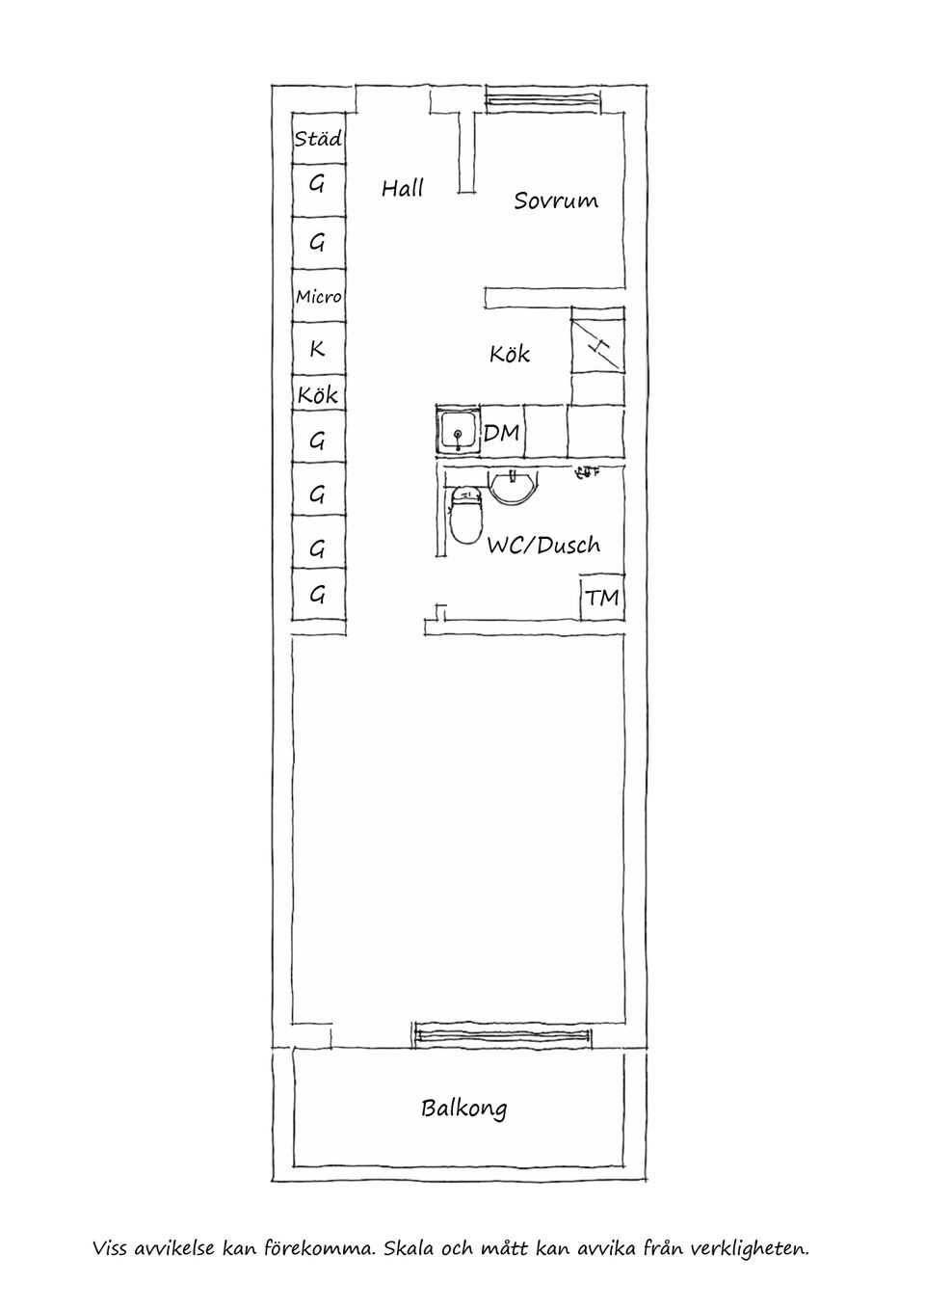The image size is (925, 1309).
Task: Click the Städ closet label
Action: tap(318, 139)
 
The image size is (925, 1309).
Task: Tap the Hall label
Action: tap(402, 188)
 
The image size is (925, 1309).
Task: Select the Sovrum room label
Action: tap(555, 200)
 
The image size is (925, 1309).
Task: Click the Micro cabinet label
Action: tap(318, 297)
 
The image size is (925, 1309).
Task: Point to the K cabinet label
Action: tap(317, 348)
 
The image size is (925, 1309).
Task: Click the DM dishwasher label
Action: tap(501, 434)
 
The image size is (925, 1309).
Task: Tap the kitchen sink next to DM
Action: tap(458, 431)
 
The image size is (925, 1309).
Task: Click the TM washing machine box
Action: tap(602, 598)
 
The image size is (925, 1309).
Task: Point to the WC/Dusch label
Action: tap(542, 546)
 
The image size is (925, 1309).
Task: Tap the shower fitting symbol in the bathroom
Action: tap(587, 472)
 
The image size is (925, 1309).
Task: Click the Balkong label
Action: tap(463, 1109)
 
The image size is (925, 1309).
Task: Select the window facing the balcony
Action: tap(502, 1035)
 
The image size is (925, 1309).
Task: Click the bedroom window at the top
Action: tap(542, 99)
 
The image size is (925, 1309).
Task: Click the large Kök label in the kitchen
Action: tap(509, 355)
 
